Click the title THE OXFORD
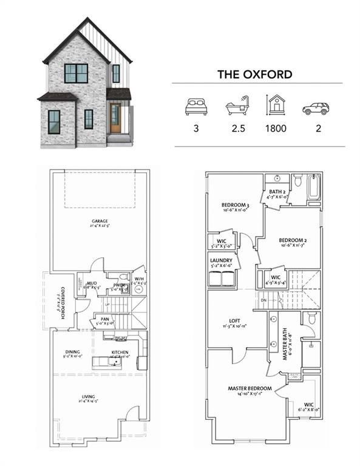tap(254, 75)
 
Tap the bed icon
tap(195, 107)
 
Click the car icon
tap(316, 109)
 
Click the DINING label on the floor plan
tap(73, 351)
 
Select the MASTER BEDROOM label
tap(249, 388)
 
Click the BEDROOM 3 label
tap(234, 204)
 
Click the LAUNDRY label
tap(221, 260)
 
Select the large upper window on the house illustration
tap(76, 73)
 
